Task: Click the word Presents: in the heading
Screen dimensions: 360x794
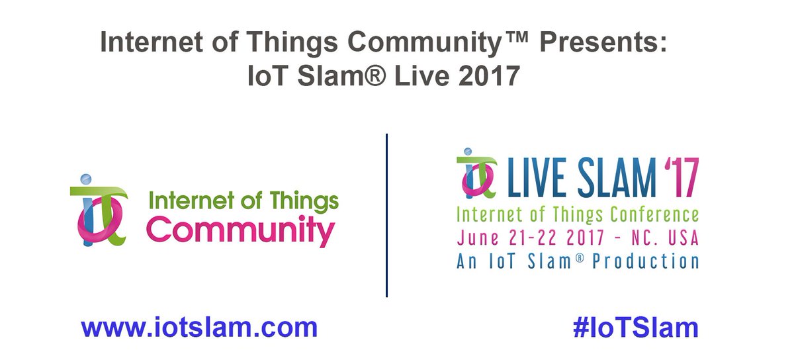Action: click(x=605, y=43)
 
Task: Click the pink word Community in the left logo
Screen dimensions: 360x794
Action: click(x=240, y=232)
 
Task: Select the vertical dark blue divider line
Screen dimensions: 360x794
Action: click(x=386, y=215)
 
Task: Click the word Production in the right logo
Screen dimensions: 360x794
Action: click(x=645, y=261)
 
